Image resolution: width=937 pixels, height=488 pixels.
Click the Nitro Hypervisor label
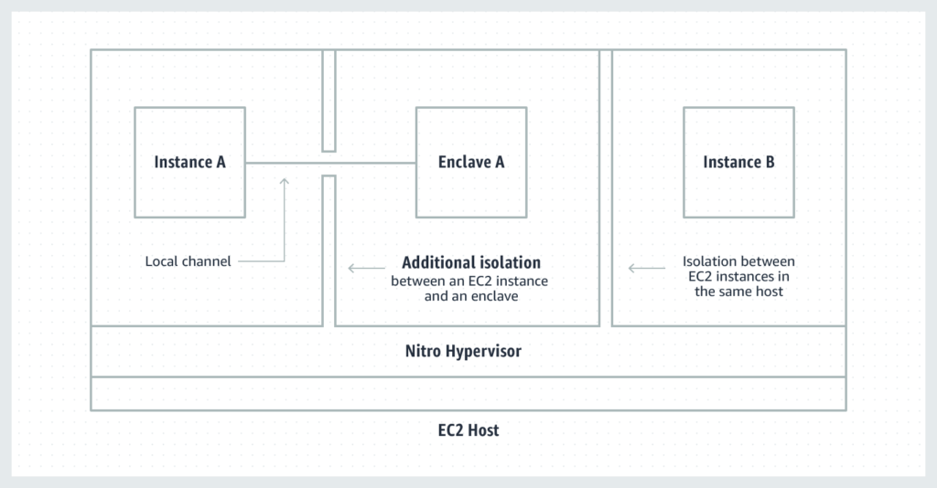pos(463,351)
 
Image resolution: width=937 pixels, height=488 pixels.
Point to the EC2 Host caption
pos(468,430)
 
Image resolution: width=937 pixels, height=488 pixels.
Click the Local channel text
pos(188,261)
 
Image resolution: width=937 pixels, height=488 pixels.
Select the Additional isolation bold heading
pos(471,262)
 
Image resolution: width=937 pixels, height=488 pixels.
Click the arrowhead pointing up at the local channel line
pos(285,181)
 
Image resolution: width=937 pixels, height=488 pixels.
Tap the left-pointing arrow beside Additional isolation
pos(366,269)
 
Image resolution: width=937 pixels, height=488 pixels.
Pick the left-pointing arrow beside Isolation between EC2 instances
pos(647,269)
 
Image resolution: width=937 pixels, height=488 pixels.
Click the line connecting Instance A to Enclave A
pos(330,163)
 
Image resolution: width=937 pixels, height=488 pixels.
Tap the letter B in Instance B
pos(770,162)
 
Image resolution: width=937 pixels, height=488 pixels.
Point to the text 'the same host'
pos(738,292)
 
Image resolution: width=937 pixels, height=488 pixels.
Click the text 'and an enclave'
pos(471,296)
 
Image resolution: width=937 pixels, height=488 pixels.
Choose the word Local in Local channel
pos(160,261)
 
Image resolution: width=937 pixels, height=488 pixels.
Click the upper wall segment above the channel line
pos(328,101)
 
